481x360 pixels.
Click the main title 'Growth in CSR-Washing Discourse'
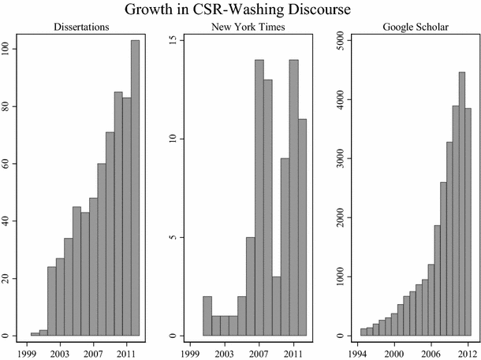pyautogui.click(x=240, y=11)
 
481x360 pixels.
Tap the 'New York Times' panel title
pyautogui.click(x=248, y=29)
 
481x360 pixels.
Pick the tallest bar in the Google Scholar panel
pyautogui.click(x=462, y=204)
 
